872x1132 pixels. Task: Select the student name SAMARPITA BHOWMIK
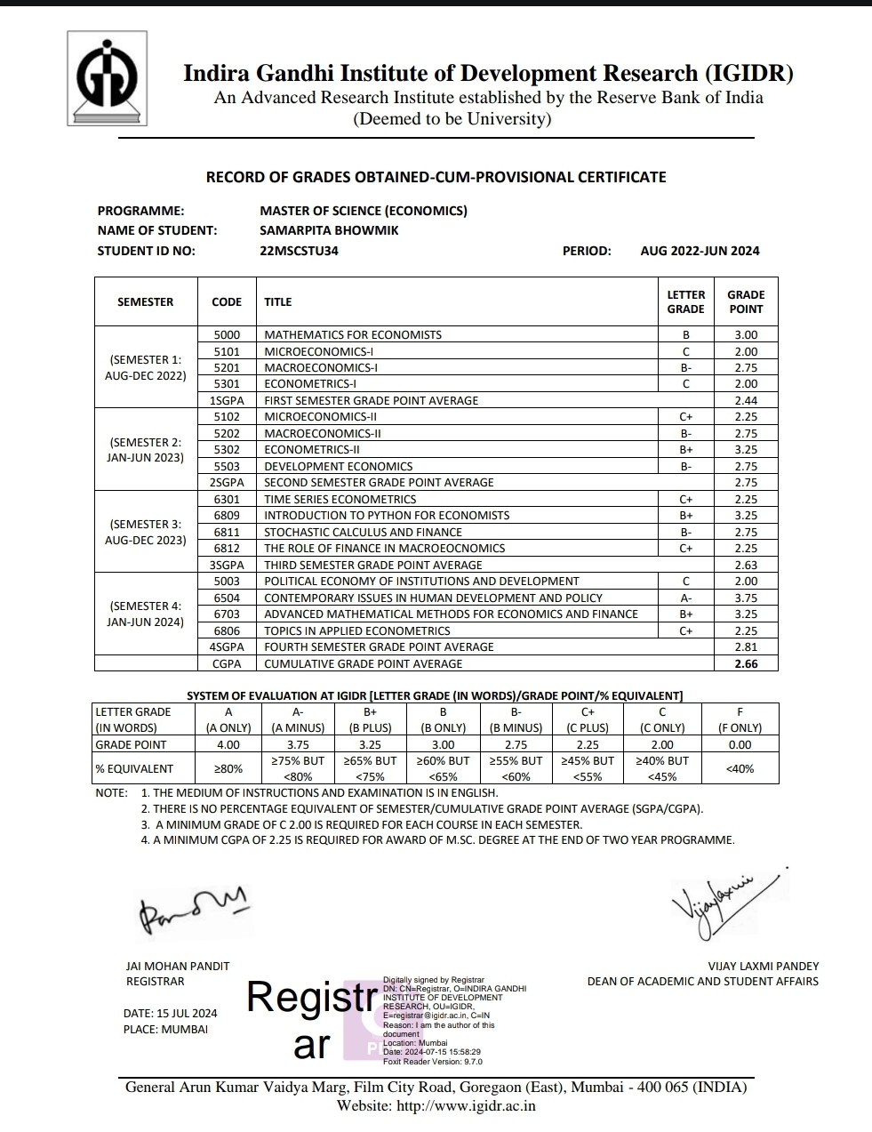pos(329,230)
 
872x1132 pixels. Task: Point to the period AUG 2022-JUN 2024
pos(700,251)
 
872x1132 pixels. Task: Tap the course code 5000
pos(227,335)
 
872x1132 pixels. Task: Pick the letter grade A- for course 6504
pos(685,598)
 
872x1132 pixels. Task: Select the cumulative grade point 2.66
pos(746,663)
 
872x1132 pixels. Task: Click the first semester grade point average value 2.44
pos(746,401)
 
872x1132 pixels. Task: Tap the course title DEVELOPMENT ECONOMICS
pos(339,466)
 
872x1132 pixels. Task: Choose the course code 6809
pos(227,516)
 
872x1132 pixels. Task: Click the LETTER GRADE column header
pos(685,301)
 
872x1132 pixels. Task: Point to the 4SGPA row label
pos(227,647)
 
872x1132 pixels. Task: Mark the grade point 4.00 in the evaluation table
pos(228,745)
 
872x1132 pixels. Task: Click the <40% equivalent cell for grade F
pos(740,768)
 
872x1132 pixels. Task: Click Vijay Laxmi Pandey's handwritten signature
pos(720,899)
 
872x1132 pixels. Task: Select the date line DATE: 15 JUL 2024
pos(170,1014)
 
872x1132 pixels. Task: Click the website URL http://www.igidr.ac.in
pos(466,1106)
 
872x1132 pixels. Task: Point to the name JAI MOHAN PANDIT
pos(178,966)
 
